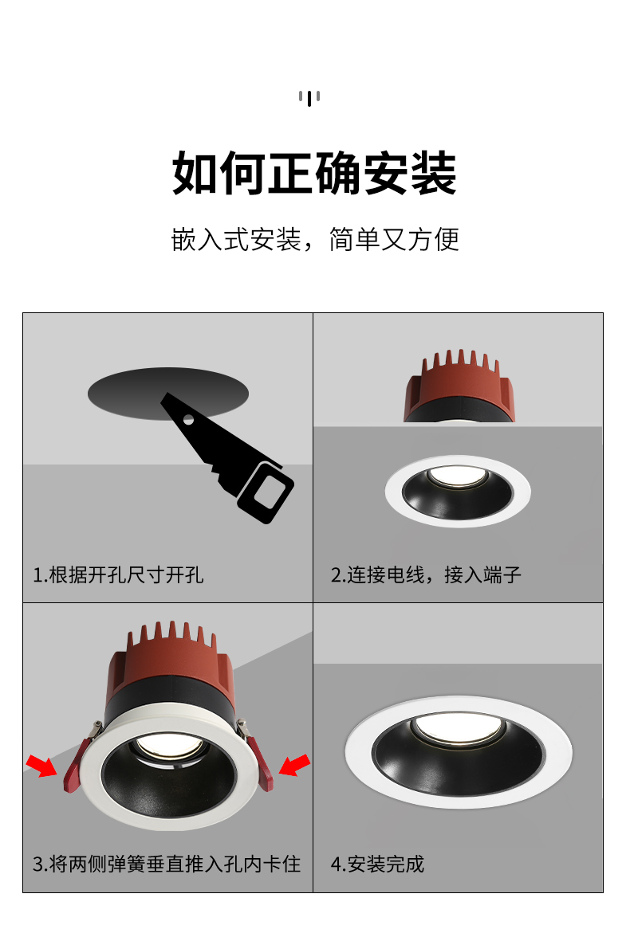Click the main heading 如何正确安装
[x=314, y=173]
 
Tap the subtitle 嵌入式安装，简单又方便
[x=315, y=239]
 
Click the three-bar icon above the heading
[x=309, y=98]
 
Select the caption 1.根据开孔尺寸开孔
[x=118, y=574]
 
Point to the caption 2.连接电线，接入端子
[x=426, y=574]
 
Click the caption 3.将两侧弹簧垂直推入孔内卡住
[x=167, y=864]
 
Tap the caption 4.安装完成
[x=377, y=864]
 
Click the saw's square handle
[x=266, y=492]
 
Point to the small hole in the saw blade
[x=188, y=420]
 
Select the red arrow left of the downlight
[x=41, y=765]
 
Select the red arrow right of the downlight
[x=295, y=765]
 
